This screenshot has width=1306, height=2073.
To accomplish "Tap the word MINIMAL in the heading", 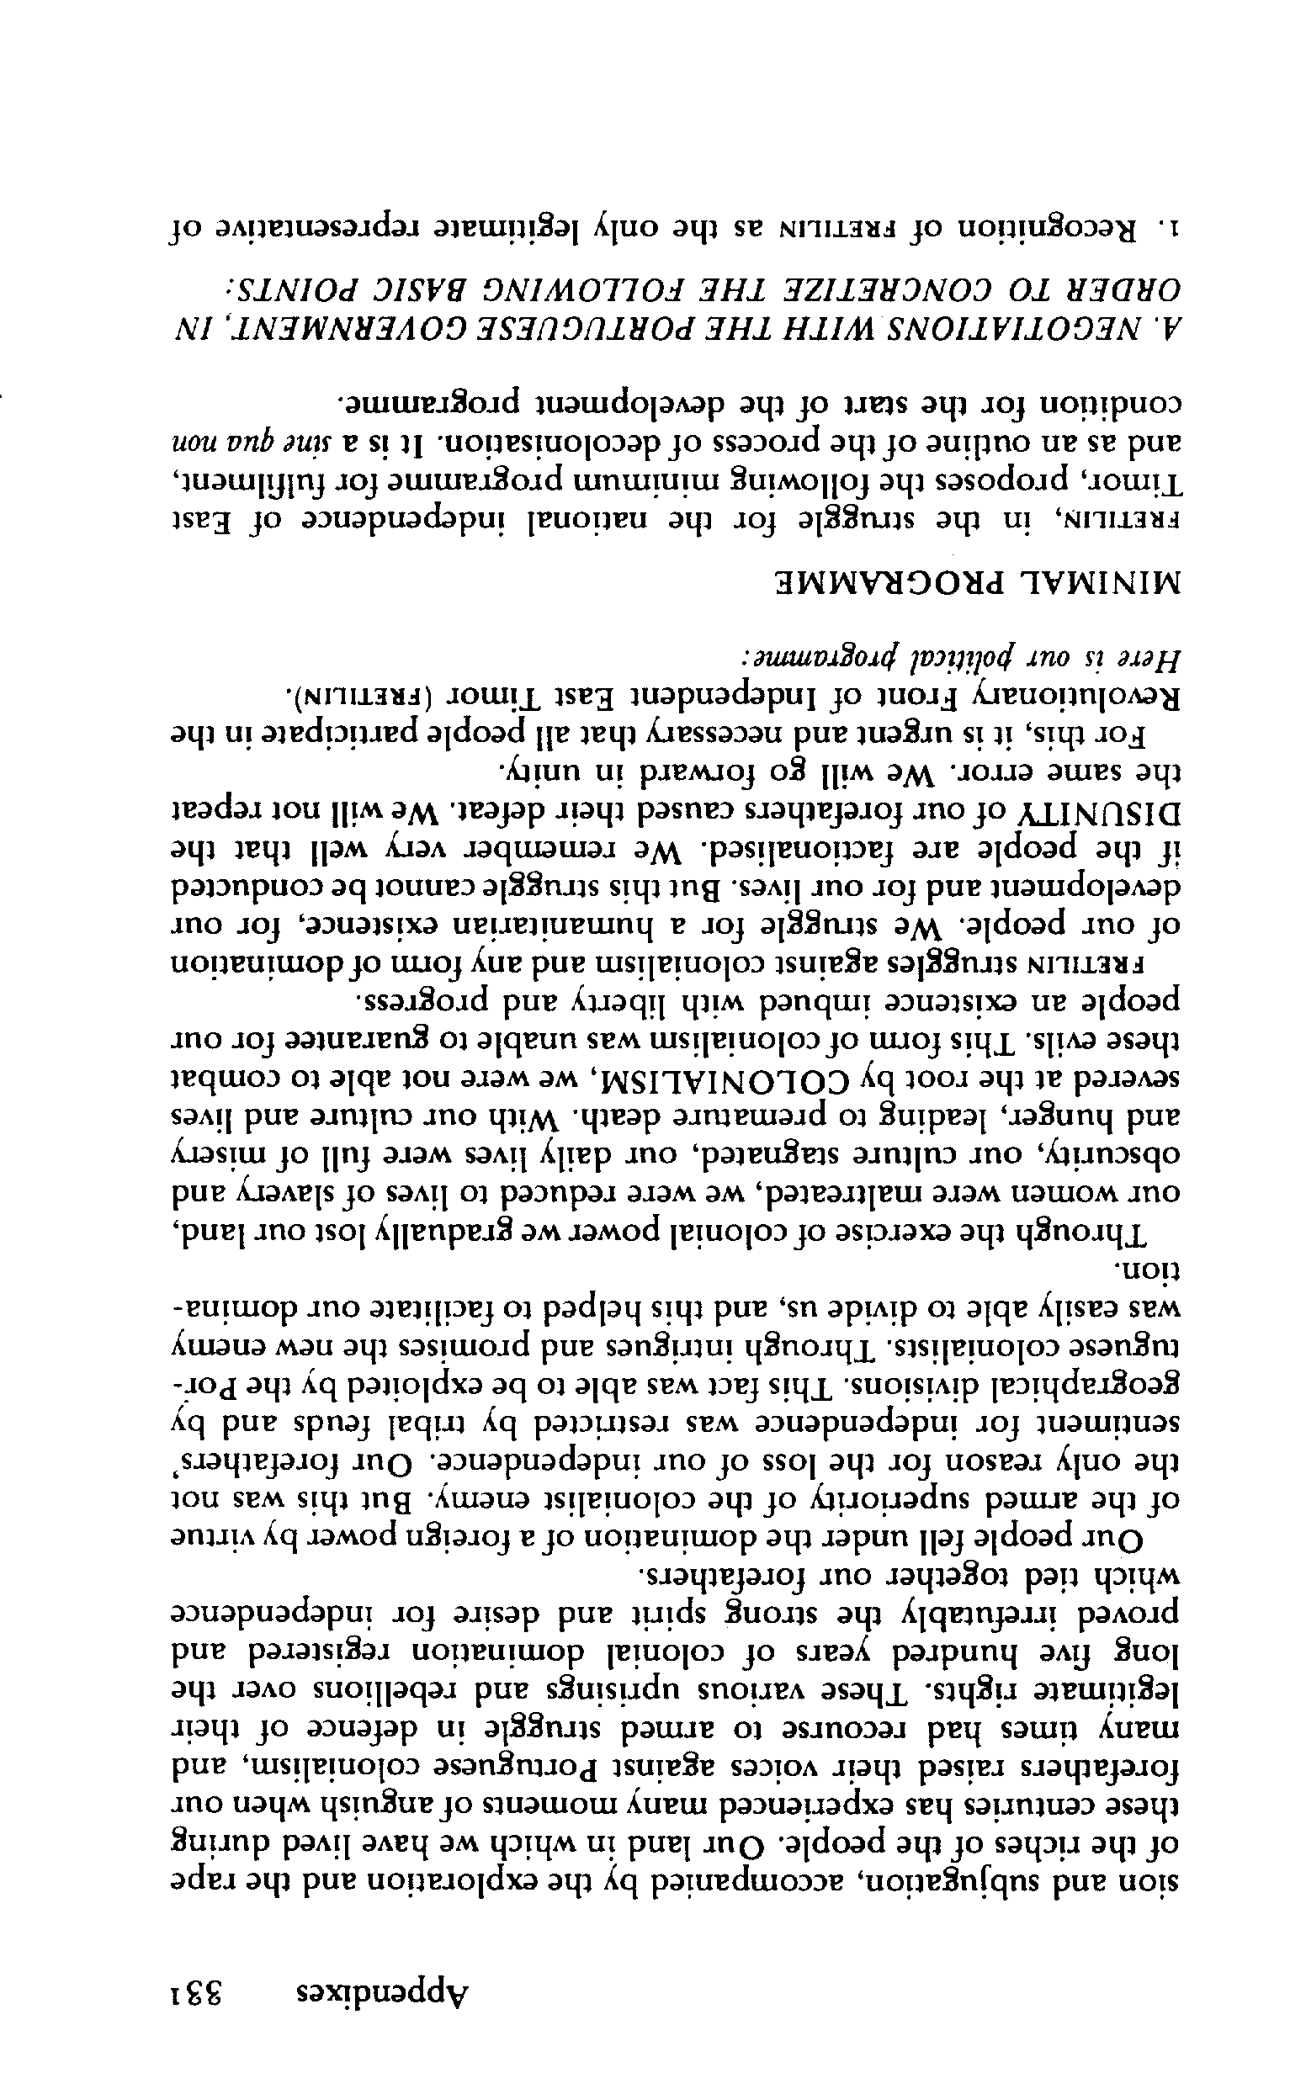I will (1103, 588).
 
